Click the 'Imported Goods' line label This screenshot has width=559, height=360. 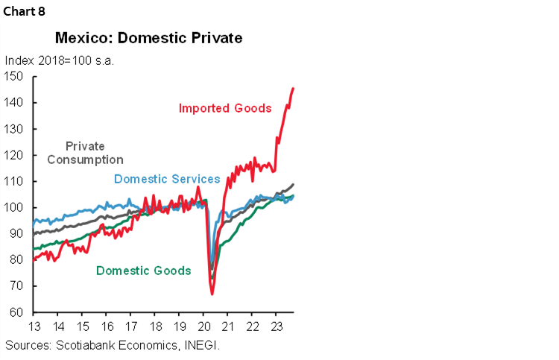point(225,109)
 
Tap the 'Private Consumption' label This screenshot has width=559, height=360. point(85,153)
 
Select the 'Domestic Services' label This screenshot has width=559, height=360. point(167,179)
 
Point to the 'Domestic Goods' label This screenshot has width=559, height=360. point(144,271)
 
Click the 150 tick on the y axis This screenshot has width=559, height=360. point(15,76)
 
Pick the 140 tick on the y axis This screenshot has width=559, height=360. point(15,103)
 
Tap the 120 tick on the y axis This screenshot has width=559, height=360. point(15,155)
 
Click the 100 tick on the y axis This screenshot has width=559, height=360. point(15,207)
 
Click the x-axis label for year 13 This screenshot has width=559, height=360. point(34,327)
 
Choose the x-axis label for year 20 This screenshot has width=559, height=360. point(203,327)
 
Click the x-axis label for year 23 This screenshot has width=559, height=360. point(276,327)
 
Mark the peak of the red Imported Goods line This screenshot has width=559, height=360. point(292,88)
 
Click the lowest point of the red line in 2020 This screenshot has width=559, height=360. point(212,294)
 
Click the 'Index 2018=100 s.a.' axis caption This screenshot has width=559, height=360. point(59,60)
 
